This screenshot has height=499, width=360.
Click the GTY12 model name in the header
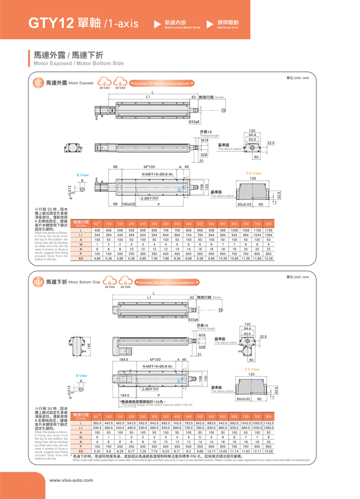[x=50, y=23]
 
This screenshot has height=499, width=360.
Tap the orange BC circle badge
[x=38, y=83]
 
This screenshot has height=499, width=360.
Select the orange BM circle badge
[x=38, y=282]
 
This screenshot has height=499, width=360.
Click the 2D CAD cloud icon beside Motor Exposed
[x=104, y=83]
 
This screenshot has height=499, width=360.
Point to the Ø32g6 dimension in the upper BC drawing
[x=194, y=121]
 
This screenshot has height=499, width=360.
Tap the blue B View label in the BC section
[x=82, y=175]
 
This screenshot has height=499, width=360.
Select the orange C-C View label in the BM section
[x=253, y=369]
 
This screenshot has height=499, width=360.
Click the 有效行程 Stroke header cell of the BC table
[x=81, y=223]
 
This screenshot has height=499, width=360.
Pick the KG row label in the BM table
[x=81, y=451]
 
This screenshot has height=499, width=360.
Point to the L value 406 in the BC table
[x=97, y=230]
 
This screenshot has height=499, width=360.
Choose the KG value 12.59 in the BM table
[x=269, y=451]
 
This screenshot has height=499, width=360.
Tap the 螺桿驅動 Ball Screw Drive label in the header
[x=228, y=23]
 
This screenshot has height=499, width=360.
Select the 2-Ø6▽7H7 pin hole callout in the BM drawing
[x=150, y=390]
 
